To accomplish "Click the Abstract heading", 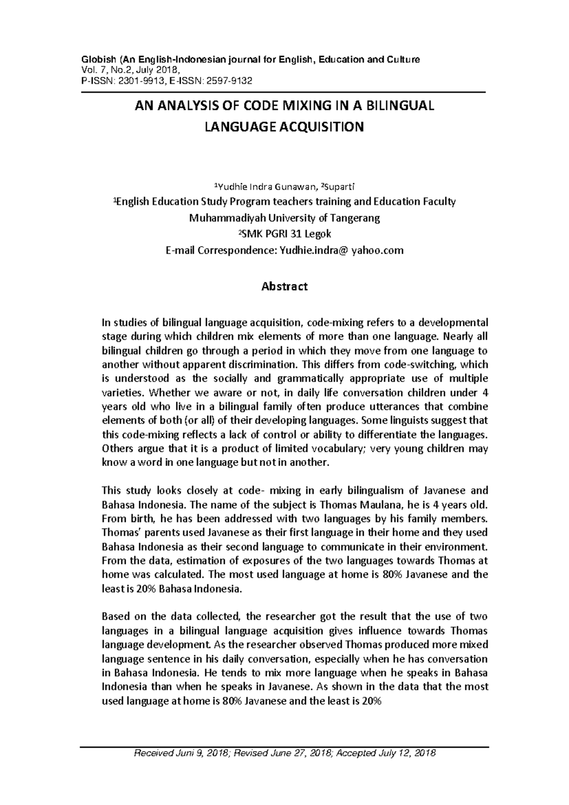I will point(284,286).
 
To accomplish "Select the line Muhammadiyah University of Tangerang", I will point(284,218).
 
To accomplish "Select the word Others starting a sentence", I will point(116,448).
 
